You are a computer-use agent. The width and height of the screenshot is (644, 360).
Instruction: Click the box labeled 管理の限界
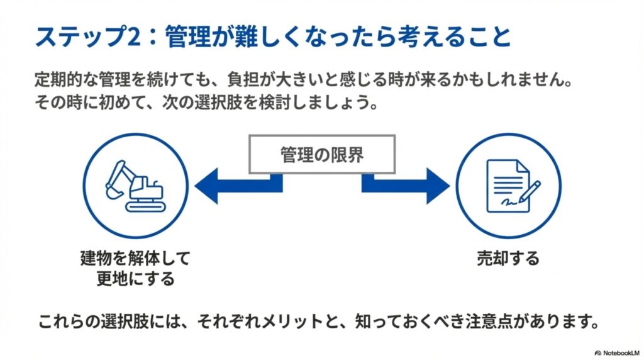tap(321, 154)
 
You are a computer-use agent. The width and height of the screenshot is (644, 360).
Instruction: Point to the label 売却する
tap(508, 259)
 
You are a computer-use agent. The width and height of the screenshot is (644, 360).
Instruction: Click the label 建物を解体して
tap(135, 259)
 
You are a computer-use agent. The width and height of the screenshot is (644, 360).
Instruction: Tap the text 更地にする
tap(135, 279)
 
